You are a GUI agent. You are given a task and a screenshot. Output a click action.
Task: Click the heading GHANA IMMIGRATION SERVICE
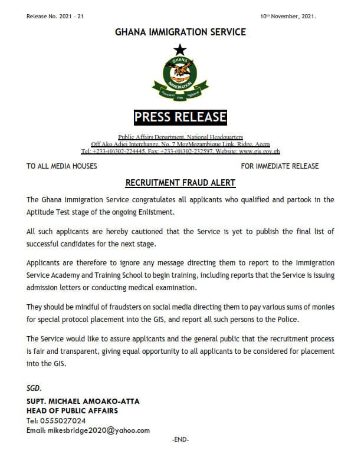tap(180, 32)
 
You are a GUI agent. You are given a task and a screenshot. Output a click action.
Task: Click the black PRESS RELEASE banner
tap(180, 117)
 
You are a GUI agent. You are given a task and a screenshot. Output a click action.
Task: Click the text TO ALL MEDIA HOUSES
tap(62, 166)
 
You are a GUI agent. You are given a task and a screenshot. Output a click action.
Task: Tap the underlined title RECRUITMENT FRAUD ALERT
tap(180, 183)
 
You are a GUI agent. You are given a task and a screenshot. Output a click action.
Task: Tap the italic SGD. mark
tap(35, 389)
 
